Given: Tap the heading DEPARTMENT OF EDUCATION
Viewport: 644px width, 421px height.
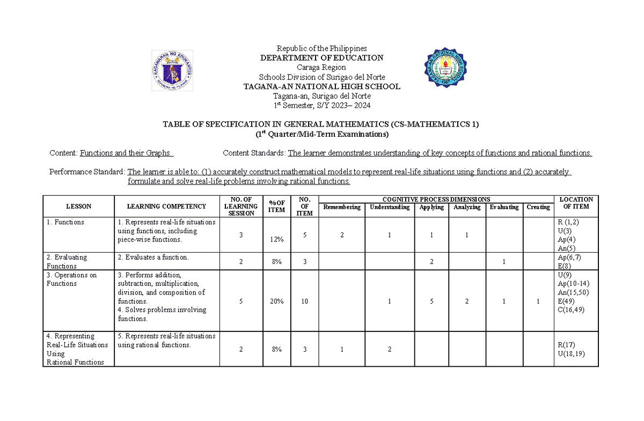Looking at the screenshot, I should coord(322,58).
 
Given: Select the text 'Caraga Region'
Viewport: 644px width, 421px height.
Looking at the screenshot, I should coord(322,68).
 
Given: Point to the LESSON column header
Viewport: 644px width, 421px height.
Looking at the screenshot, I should coord(78,206).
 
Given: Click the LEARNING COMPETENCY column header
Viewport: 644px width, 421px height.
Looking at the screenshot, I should coord(166,206).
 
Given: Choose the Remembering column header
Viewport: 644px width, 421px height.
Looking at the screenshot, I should coord(342,208).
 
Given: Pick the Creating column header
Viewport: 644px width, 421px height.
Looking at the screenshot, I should coord(538,208).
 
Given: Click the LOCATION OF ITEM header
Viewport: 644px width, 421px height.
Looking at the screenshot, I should coord(576,203).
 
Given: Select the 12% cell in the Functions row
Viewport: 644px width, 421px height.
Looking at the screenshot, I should coord(277,239).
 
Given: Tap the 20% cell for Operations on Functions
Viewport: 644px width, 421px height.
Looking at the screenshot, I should coord(277,301).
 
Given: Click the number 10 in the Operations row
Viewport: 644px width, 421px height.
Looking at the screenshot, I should coord(304,301).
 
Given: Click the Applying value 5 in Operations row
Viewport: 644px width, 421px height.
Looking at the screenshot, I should coord(431,301).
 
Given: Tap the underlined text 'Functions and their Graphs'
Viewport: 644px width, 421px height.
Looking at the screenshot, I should coord(126,153).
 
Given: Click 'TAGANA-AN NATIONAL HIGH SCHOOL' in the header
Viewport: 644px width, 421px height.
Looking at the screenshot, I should coord(322,87).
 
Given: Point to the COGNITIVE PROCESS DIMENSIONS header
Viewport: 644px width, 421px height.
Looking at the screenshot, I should coord(436,199).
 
